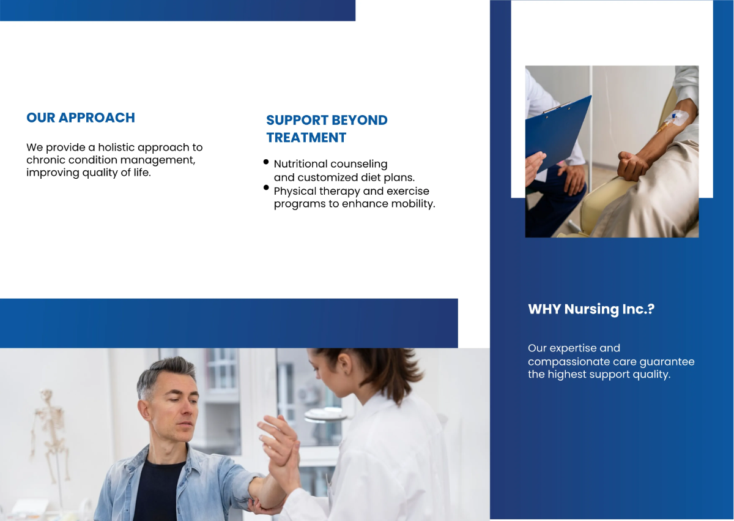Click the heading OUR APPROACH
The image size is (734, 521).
81,118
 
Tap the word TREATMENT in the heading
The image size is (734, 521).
306,138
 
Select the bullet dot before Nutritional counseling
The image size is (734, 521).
266,162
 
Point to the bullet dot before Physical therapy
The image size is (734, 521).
266,187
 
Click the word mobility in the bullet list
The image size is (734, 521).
413,204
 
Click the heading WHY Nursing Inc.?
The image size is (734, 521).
591,309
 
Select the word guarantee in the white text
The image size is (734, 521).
667,361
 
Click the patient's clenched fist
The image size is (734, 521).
631,165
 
